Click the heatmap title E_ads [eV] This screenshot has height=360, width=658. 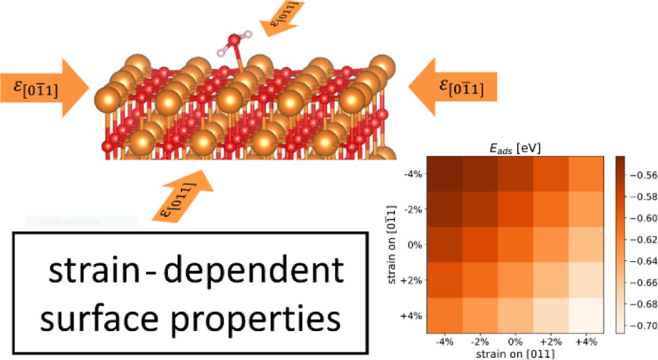pos(513,148)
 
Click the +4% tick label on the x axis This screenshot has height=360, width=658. pos(584,342)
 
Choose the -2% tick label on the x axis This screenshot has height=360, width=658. pos(478,342)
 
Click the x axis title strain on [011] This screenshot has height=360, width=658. pos(514,353)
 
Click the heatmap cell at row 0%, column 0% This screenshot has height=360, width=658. pos(514,245)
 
